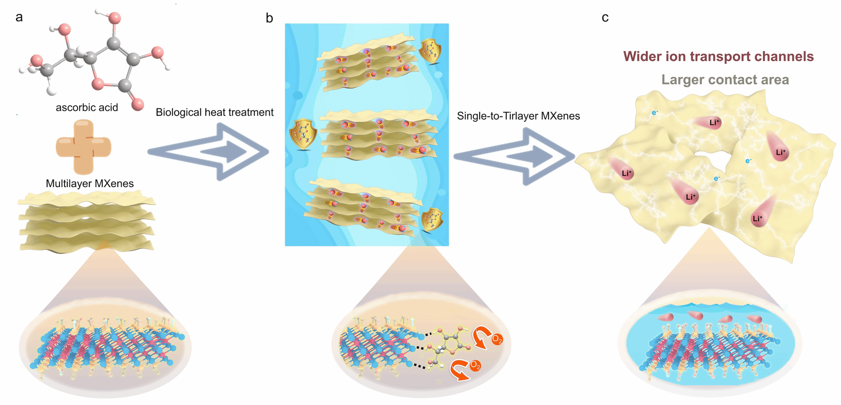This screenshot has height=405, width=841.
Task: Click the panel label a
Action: point(19,18)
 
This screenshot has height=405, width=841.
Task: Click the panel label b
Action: point(269,19)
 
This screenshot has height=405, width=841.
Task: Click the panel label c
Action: point(605,18)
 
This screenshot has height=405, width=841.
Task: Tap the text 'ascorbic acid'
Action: point(87,108)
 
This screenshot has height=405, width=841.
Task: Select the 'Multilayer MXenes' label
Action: point(90,183)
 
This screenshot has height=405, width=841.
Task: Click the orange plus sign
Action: point(83,147)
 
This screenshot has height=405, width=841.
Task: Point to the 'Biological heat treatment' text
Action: point(214,112)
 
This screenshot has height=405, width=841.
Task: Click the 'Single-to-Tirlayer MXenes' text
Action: point(518,116)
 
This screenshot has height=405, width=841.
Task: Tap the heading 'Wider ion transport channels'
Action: point(718,56)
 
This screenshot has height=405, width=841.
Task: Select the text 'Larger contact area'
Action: point(725,79)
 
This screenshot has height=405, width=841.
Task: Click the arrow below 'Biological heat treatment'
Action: point(209,152)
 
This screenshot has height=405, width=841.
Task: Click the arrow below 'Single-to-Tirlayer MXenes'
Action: point(514,156)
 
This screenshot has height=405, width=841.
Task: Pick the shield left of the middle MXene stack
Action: point(303,134)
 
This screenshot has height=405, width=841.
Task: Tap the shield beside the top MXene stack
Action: point(430,51)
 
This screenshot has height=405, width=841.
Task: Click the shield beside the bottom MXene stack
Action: point(432,220)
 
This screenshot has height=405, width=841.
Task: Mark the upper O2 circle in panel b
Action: point(497,339)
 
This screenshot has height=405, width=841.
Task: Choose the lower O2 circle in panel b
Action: point(475,365)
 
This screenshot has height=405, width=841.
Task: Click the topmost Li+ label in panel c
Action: point(715,122)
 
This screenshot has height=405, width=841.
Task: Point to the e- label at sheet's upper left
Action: point(655,112)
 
